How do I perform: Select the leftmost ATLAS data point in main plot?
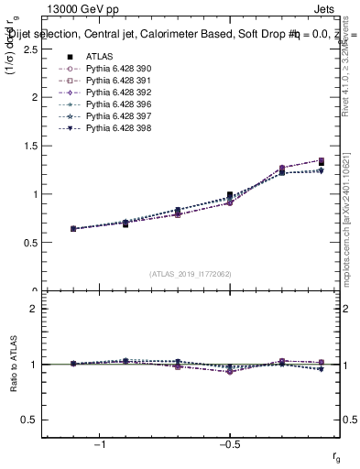[73, 228]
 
